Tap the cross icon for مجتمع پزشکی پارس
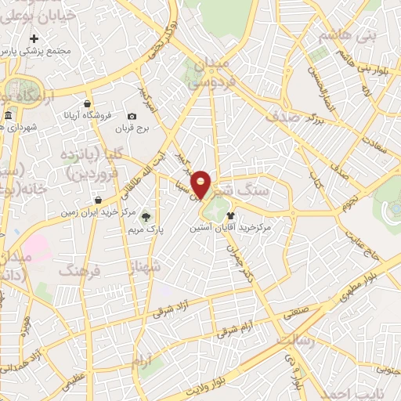point(34,38)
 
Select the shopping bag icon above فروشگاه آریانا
point(88,103)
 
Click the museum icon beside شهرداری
point(7,117)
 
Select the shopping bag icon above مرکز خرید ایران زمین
point(98,200)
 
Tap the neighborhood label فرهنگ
point(79,271)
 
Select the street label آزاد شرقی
point(187,293)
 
